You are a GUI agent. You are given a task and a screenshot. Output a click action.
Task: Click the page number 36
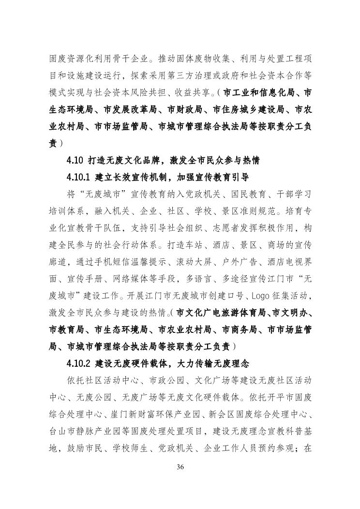point(180,467)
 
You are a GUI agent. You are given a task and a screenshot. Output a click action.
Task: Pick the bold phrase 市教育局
point(67,329)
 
